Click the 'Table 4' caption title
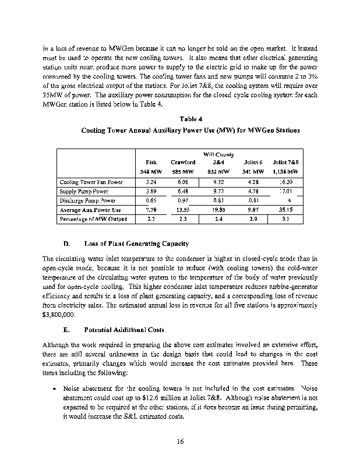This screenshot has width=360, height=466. point(180,119)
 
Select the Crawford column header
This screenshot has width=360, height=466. point(182,162)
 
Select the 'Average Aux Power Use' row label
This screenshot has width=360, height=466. point(90,210)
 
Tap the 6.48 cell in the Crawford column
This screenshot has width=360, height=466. point(182,191)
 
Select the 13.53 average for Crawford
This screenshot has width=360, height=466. point(182,210)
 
